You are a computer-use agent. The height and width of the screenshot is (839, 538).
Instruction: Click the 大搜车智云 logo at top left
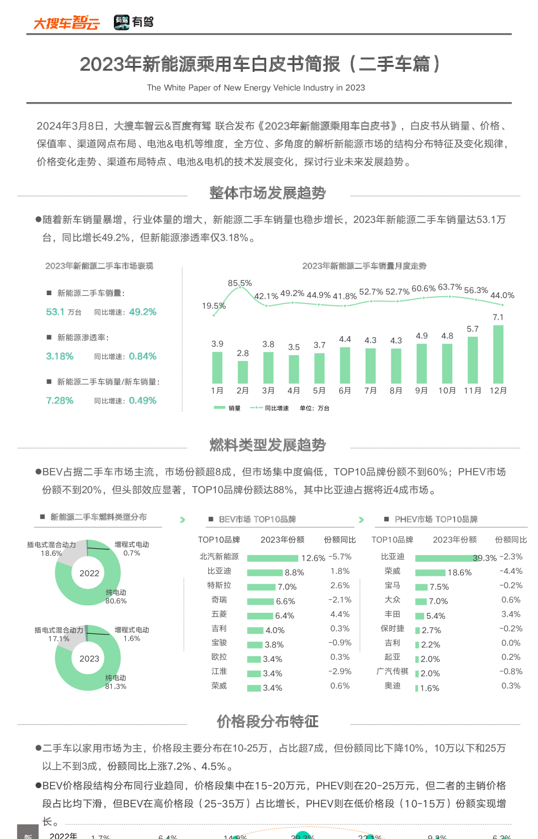pos(66,22)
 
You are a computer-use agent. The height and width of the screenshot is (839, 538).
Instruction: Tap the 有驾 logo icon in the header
pos(121,22)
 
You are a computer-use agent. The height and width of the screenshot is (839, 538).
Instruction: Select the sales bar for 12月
pos(498,354)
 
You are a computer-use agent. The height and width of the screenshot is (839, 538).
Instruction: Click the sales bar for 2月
pos(243,372)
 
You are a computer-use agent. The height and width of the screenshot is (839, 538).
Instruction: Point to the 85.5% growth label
pos(240,283)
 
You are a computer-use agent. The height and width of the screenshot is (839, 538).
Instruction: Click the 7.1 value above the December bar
pos(498,317)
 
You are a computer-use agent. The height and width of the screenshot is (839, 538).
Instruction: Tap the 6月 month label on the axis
pos(345,391)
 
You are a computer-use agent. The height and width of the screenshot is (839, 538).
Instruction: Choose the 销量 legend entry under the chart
pos(227,408)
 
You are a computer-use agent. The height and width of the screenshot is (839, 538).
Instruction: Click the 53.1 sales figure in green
pos(55,312)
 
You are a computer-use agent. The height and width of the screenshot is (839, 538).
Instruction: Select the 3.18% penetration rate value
pos(59,357)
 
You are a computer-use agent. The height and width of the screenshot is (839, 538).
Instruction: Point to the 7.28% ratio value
pos(59,401)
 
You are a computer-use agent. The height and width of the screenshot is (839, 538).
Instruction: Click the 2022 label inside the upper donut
pos(89,573)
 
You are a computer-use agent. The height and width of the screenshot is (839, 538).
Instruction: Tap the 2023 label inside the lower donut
pos(89,659)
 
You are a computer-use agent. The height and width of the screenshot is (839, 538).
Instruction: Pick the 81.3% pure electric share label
pos(115,687)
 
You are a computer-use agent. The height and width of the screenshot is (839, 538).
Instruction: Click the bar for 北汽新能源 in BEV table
pos(273,558)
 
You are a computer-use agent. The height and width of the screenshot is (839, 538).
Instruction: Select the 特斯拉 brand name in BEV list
pos(219,585)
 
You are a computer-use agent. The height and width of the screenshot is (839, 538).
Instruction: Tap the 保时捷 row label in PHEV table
pos(392,629)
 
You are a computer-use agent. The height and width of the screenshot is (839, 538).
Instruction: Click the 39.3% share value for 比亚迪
pos(485,558)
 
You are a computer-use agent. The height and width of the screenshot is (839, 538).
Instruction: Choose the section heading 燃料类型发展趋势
pos(268,445)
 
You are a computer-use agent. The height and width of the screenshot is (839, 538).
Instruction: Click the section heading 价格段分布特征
pos(268,722)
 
